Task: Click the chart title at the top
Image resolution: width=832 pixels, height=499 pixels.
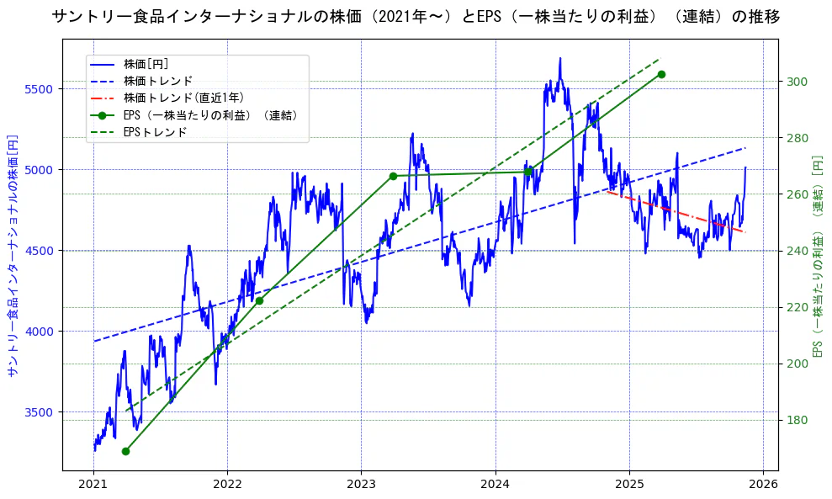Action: pyautogui.click(x=416, y=17)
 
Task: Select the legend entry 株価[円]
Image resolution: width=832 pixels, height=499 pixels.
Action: pyautogui.click(x=146, y=64)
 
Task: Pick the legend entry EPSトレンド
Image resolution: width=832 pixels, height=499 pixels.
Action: pyautogui.click(x=155, y=132)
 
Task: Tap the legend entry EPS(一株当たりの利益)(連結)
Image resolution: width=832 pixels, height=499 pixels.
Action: pyautogui.click(x=210, y=115)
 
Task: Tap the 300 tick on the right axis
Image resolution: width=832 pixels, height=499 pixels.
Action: pyautogui.click(x=797, y=82)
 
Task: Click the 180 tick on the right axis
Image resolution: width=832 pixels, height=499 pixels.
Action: pyautogui.click(x=797, y=420)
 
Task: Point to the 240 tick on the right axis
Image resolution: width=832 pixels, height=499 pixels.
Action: pyautogui.click(x=797, y=251)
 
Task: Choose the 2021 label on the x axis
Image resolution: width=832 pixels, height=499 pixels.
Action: pyautogui.click(x=93, y=485)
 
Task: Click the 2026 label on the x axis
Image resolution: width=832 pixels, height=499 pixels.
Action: pyautogui.click(x=763, y=485)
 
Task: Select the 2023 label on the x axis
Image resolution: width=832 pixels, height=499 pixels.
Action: pyautogui.click(x=361, y=485)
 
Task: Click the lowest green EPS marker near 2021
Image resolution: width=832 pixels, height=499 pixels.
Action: pyautogui.click(x=125, y=451)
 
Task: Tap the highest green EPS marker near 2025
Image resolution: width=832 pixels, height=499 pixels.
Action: pyautogui.click(x=661, y=74)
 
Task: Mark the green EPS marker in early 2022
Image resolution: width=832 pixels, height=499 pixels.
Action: pyautogui.click(x=259, y=300)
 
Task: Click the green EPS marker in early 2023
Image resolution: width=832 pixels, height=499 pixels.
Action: pyautogui.click(x=393, y=176)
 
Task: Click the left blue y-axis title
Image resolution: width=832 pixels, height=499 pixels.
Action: pyautogui.click(x=12, y=255)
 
